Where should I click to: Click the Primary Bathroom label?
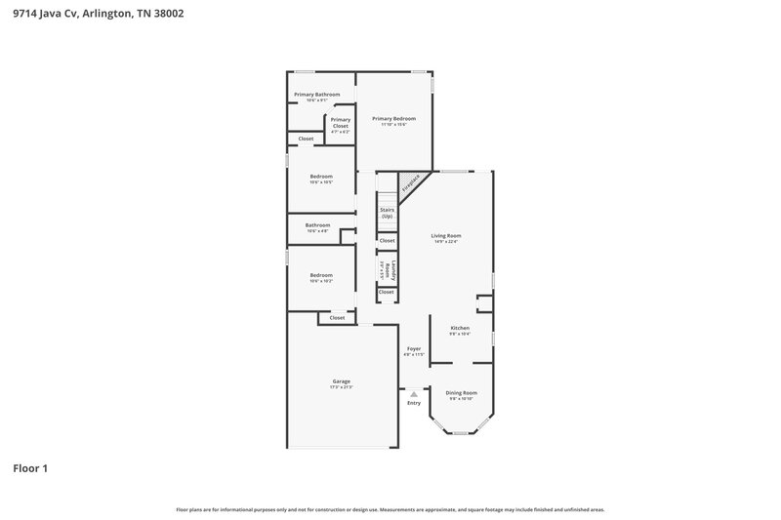click(x=317, y=94)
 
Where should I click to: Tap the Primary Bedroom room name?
click(x=394, y=118)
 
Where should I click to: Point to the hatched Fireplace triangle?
click(x=408, y=181)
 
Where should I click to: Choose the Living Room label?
click(x=446, y=235)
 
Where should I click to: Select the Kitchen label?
click(x=459, y=328)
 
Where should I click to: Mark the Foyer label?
click(x=414, y=348)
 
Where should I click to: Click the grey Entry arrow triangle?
click(x=414, y=393)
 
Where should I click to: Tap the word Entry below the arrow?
click(x=414, y=402)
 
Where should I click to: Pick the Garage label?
click(x=341, y=381)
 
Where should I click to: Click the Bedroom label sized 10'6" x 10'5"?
click(x=321, y=177)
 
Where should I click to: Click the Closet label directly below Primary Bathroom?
click(x=306, y=139)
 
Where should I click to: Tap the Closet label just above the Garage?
click(x=337, y=317)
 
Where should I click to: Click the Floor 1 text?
click(x=30, y=468)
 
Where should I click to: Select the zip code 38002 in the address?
click(x=167, y=14)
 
